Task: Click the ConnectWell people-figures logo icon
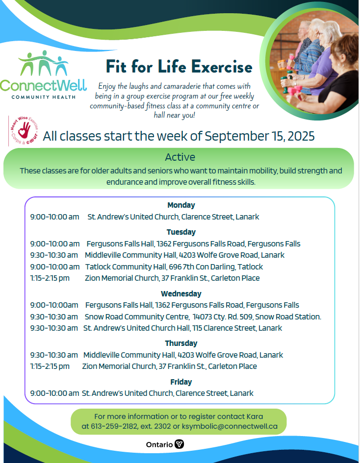[x=43, y=64]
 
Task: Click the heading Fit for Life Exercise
[x=179, y=66]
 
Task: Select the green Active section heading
[x=180, y=157]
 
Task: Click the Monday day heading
[x=181, y=205]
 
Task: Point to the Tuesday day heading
[x=181, y=232]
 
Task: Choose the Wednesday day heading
[x=181, y=293]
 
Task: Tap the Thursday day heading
[x=181, y=343]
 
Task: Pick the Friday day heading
[x=181, y=382]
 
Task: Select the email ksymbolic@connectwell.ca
[x=230, y=426]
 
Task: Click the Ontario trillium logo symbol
[x=180, y=444]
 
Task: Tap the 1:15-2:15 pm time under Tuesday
[x=50, y=278]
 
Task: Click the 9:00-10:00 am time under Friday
[x=54, y=393]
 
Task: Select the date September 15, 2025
[x=259, y=136]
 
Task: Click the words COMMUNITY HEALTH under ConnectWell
[x=43, y=97]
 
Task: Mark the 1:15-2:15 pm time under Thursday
[x=50, y=366]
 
